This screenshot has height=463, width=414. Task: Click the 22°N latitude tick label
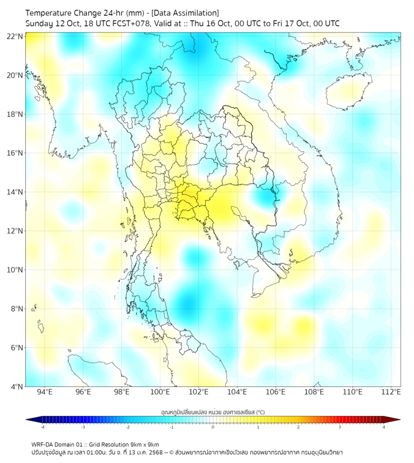pos(15,36)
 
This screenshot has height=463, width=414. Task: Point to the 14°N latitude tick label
pos(15,192)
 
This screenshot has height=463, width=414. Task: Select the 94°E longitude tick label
pos(45,393)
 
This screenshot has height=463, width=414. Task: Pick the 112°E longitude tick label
pos(391,393)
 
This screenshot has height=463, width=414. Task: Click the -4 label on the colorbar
pos(42,427)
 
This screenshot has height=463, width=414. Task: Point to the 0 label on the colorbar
pos(213,427)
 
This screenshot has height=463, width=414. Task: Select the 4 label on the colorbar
pos(384,427)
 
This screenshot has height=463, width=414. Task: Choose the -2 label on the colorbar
pos(127,427)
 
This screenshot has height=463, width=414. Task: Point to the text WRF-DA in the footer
pos(43,444)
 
